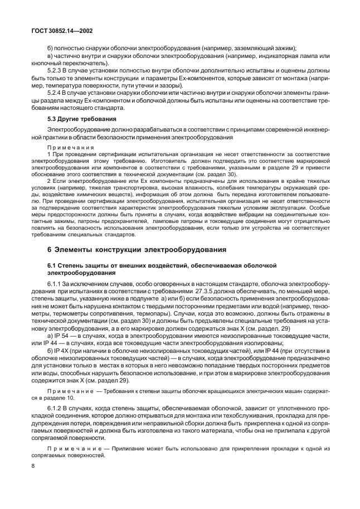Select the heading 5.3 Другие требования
point(81,119)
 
